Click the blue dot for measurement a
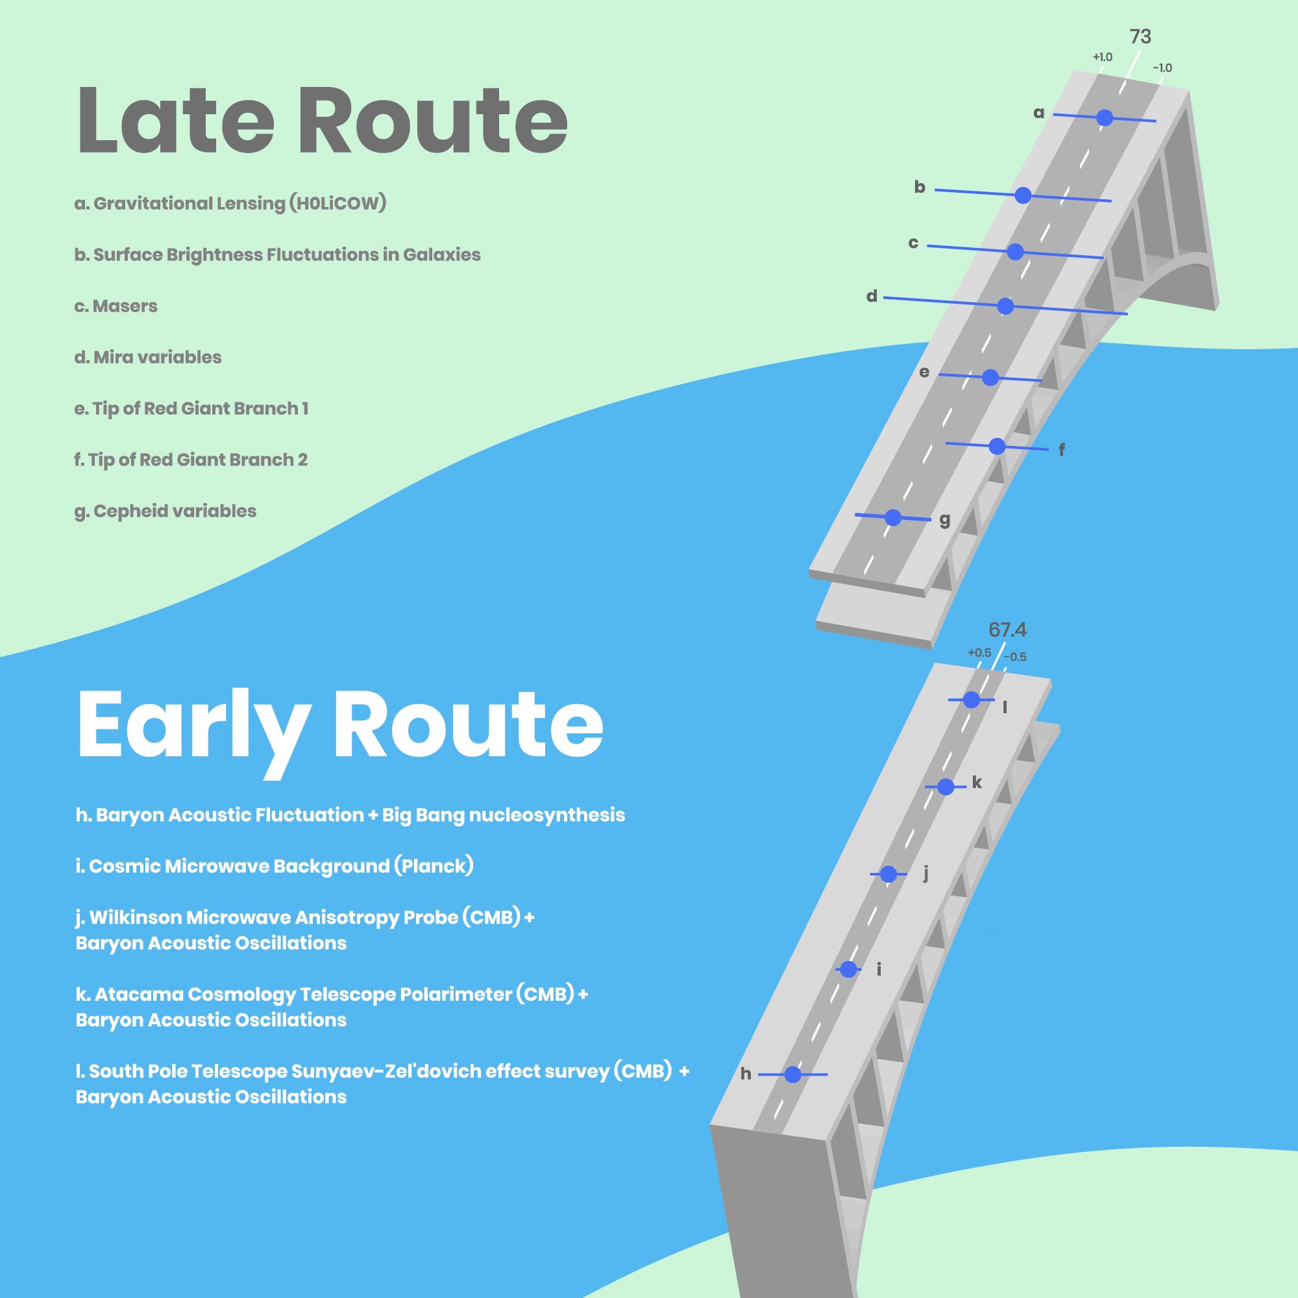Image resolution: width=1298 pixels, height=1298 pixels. (x=1105, y=118)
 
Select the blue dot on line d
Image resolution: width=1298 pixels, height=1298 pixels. (x=1005, y=306)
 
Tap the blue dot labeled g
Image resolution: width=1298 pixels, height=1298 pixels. (x=893, y=517)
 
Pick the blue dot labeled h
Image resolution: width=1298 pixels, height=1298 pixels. (x=793, y=1074)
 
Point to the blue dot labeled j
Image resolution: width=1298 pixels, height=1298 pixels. (x=888, y=874)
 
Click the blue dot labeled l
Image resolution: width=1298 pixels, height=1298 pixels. (x=972, y=700)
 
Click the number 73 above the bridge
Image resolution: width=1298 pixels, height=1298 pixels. (x=1140, y=36)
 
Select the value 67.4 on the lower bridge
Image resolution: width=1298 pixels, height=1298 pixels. (x=1007, y=630)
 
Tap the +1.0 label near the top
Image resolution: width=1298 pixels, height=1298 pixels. (x=1103, y=57)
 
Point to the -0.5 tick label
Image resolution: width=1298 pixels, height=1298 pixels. (x=1015, y=657)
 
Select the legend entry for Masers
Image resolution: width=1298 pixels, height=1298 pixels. (x=116, y=306)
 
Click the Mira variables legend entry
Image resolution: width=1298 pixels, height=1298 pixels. (x=148, y=358)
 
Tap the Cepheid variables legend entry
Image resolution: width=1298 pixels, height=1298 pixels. (x=165, y=511)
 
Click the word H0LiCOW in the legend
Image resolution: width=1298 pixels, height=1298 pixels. (x=338, y=203)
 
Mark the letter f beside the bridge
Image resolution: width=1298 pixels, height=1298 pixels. (x=1062, y=450)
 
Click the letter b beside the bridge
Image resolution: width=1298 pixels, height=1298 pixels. (x=920, y=187)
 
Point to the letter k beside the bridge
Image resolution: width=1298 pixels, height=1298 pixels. (x=977, y=782)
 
